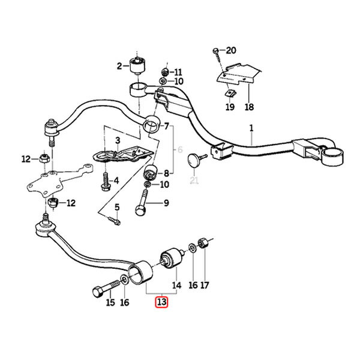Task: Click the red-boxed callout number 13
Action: (161, 302)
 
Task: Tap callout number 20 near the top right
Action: (231, 50)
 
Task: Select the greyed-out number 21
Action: (194, 180)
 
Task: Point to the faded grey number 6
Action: (180, 149)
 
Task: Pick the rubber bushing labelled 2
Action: (138, 65)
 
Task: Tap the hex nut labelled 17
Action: (203, 243)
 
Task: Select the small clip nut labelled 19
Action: (230, 94)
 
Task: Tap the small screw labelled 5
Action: (114, 220)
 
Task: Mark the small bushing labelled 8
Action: (150, 172)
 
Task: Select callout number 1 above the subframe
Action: (251, 128)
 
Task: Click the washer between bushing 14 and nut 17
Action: (192, 248)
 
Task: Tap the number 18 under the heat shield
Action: (250, 107)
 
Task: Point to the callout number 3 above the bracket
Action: (118, 140)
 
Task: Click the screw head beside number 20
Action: (216, 51)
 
